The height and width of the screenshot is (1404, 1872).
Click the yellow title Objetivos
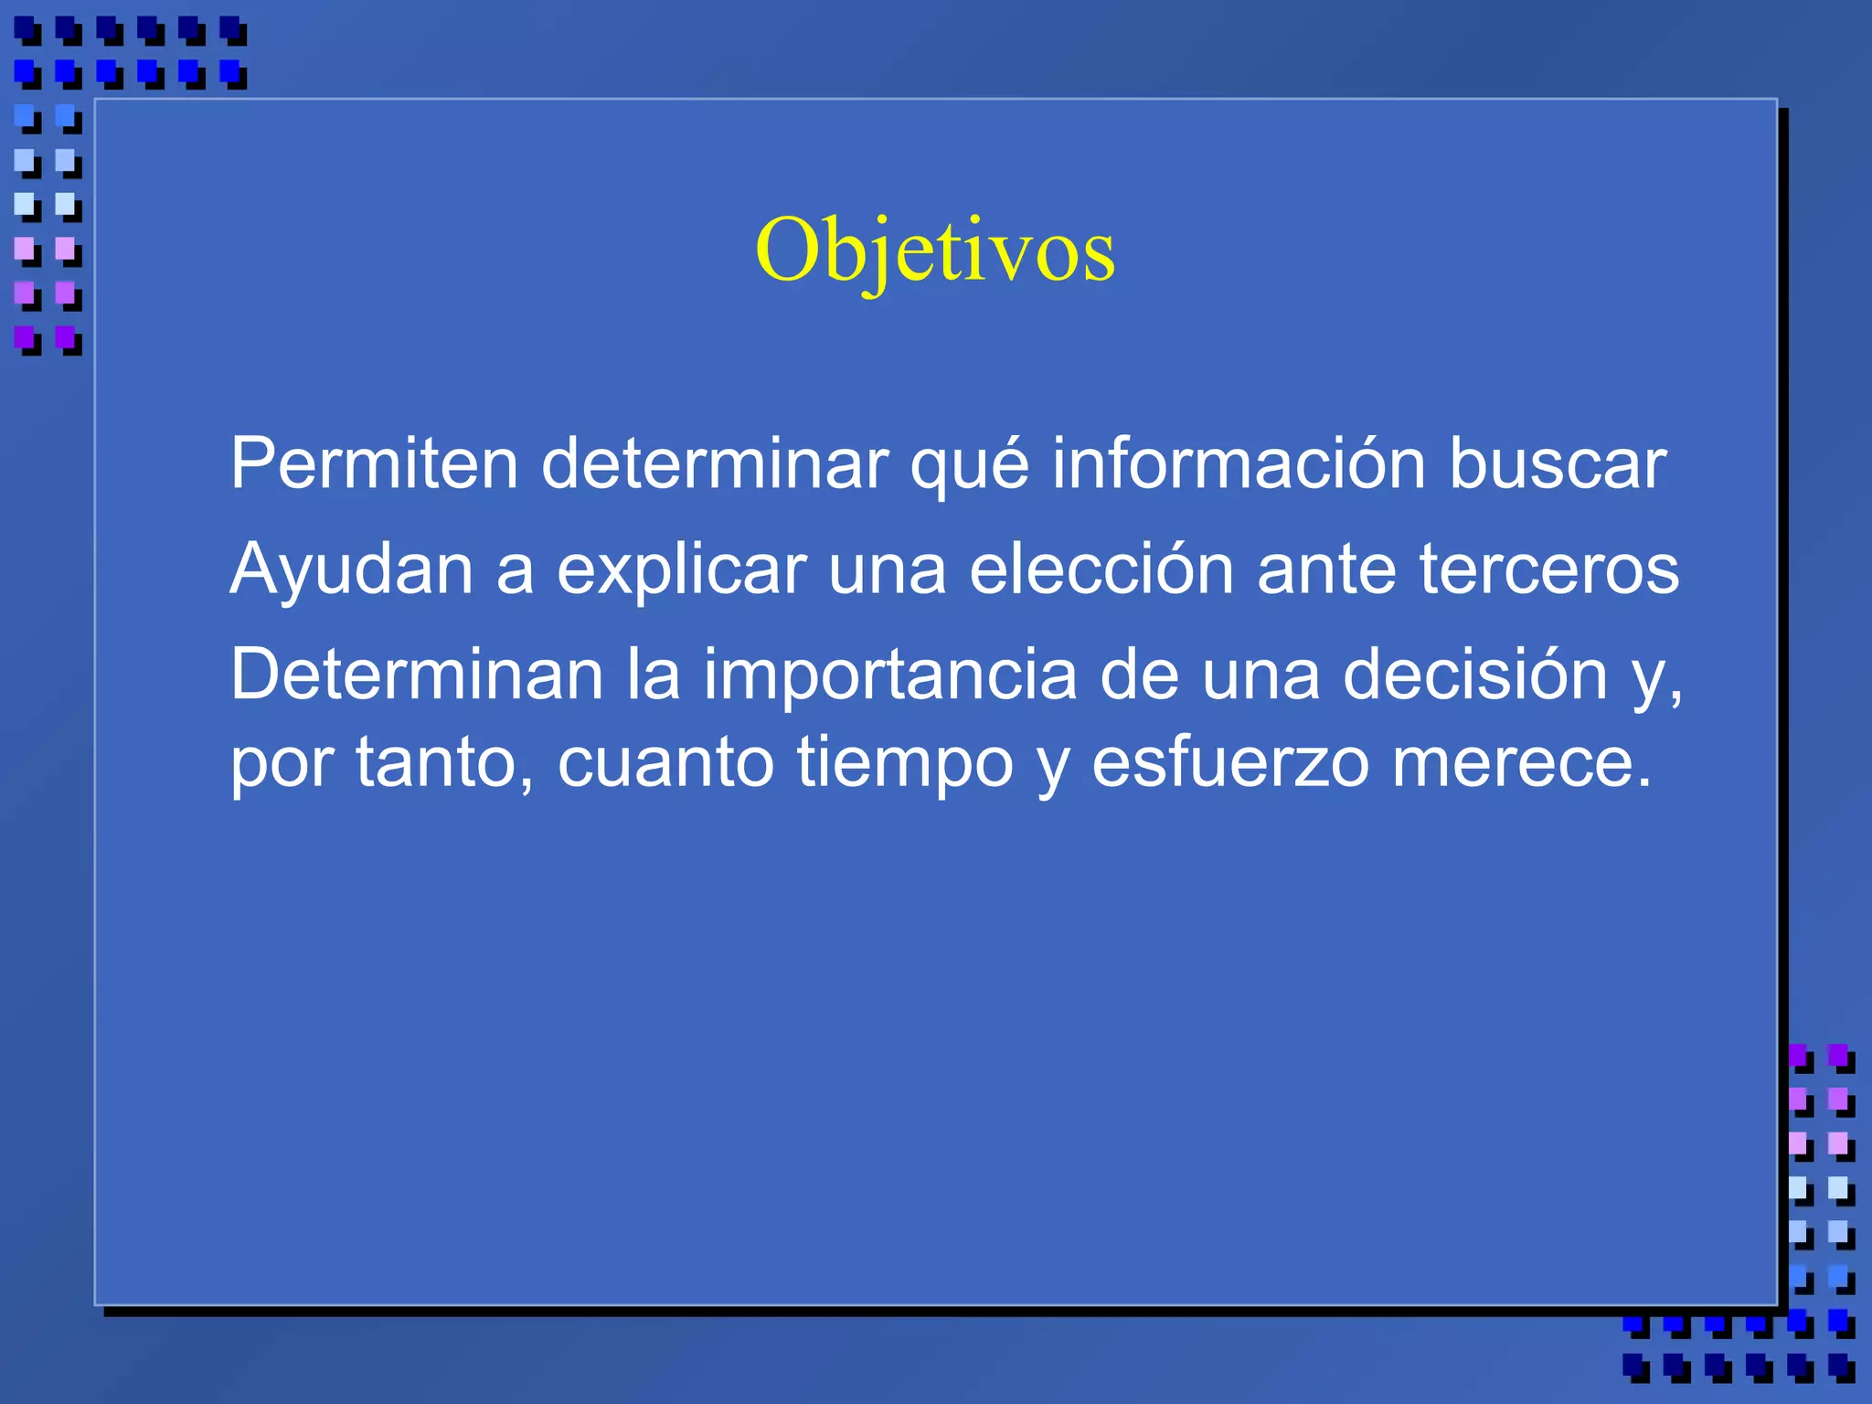934,250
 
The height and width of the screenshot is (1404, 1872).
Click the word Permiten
374,463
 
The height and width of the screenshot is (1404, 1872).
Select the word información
1239,463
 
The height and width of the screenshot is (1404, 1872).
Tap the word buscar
1558,463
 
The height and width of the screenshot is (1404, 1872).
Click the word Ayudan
351,569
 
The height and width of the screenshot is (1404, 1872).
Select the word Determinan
417,675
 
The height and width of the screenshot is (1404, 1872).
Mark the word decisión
1474,675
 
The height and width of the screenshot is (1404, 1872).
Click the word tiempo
904,764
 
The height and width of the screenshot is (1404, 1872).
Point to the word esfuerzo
1230,762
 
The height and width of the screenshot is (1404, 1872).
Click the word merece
1521,764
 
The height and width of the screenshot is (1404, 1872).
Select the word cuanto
665,764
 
